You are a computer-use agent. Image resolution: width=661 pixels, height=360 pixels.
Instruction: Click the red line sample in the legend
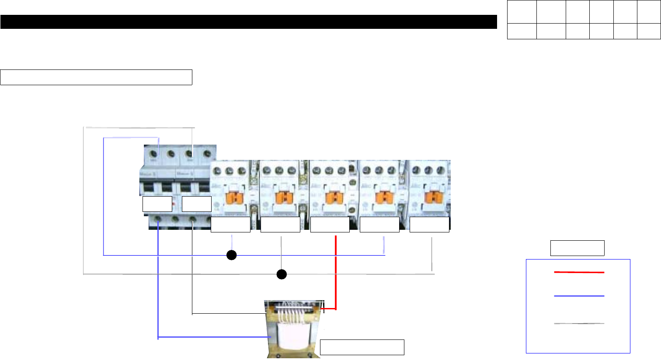(579, 272)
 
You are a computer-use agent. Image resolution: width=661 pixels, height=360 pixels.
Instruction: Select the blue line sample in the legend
(579, 296)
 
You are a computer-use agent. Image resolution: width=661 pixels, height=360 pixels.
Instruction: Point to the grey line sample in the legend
(579, 324)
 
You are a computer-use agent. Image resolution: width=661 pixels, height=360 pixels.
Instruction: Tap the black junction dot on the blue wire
(232, 255)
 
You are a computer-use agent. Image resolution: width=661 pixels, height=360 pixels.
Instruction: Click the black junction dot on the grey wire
(282, 274)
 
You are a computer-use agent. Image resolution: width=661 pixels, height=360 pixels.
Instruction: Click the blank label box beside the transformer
(362, 347)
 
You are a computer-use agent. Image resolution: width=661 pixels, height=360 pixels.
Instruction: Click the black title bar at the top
(248, 22)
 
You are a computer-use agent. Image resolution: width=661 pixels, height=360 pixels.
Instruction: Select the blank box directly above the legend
(577, 248)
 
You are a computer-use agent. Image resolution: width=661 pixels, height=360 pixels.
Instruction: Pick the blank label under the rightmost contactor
(429, 225)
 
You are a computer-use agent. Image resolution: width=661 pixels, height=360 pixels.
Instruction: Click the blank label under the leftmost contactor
(230, 225)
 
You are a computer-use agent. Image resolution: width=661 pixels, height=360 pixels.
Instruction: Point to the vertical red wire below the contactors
(335, 271)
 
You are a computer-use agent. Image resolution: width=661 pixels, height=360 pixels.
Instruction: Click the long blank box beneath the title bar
(96, 77)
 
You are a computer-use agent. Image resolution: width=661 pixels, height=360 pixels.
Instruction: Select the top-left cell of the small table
(522, 12)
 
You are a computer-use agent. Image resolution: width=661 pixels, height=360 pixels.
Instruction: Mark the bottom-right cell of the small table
(649, 31)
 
